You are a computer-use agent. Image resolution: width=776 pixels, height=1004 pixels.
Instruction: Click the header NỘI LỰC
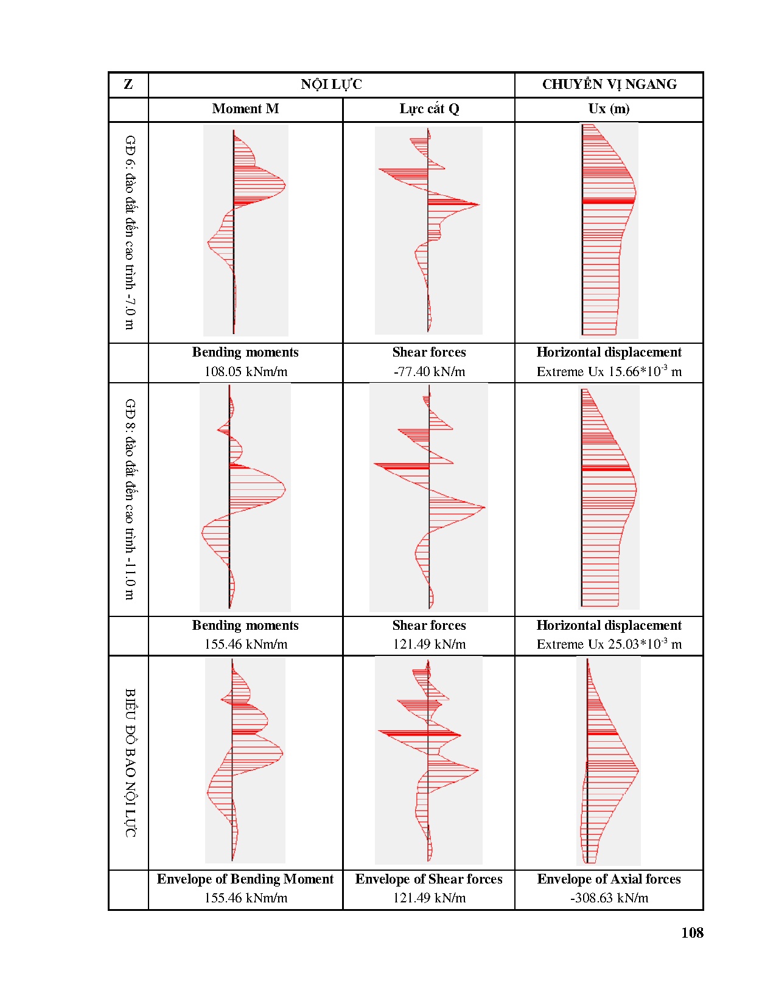(331, 85)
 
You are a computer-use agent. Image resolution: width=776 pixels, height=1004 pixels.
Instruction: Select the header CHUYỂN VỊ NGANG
(609, 85)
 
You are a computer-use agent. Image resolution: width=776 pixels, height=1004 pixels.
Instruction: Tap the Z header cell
(128, 85)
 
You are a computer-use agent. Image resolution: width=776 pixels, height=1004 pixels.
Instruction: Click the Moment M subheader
(245, 109)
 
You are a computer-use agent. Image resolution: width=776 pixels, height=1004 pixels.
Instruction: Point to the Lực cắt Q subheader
(429, 109)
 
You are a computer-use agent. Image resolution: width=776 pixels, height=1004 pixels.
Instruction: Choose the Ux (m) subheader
(609, 109)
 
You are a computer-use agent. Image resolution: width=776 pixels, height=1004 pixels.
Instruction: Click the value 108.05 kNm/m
(245, 372)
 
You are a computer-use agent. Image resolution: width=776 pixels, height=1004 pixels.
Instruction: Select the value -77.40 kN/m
(429, 372)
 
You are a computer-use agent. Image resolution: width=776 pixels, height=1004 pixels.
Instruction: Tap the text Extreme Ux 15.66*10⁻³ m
(609, 371)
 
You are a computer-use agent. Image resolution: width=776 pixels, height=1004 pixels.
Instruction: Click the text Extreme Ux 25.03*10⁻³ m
(609, 644)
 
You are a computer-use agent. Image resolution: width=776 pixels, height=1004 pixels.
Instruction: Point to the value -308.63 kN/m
(609, 898)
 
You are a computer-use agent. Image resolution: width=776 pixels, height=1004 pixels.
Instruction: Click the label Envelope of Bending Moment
(245, 879)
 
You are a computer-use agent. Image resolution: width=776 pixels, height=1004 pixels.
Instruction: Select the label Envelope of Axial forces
(609, 879)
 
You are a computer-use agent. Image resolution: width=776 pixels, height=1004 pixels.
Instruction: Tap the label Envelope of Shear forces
(429, 879)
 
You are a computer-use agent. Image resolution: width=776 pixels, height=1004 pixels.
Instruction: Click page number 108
(692, 933)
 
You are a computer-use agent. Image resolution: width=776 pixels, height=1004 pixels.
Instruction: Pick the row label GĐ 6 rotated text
(130, 232)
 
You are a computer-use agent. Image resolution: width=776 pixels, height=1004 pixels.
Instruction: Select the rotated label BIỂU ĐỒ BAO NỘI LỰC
(130, 762)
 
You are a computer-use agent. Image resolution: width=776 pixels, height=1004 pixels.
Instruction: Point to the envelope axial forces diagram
(609, 761)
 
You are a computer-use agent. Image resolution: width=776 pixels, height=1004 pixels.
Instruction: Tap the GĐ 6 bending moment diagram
(245, 231)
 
